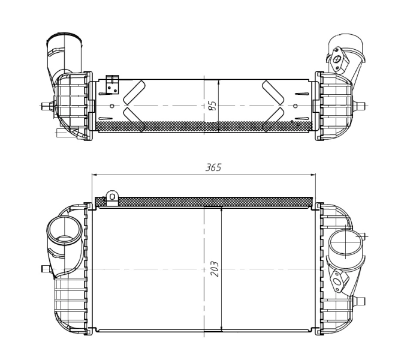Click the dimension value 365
[x=213, y=167]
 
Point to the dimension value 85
[x=212, y=106]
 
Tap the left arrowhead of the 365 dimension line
[x=94, y=175]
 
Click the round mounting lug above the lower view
[x=112, y=197]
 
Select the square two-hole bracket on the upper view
[x=112, y=85]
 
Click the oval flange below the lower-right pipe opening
[x=340, y=280]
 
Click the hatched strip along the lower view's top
[x=204, y=201]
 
